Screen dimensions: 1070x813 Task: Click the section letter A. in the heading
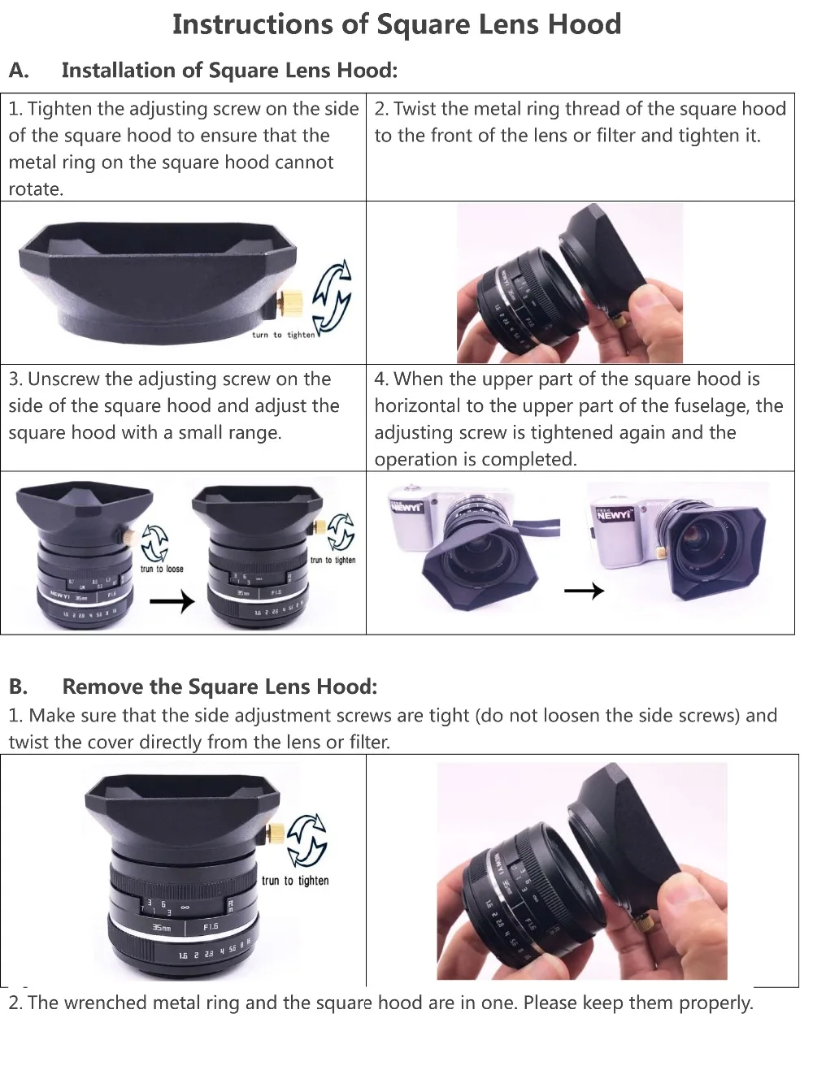(19, 71)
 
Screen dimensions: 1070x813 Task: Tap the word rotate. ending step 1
(36, 189)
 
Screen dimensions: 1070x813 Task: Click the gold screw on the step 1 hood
(293, 301)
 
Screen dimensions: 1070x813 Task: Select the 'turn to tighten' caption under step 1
(283, 335)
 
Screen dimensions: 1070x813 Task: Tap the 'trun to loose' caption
(162, 569)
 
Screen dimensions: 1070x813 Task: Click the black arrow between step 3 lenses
(173, 601)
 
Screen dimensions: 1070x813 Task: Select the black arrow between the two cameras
(584, 591)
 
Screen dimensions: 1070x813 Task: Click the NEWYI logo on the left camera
(406, 507)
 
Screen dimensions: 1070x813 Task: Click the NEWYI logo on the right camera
(613, 514)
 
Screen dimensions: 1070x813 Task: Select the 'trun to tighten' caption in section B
(295, 881)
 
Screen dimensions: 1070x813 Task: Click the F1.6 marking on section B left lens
(211, 925)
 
